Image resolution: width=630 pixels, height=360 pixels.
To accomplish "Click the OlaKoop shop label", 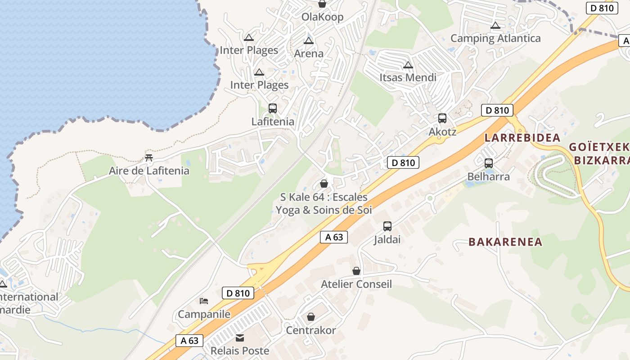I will click(x=322, y=17).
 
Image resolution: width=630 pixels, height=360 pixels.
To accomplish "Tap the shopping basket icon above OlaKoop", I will click(x=322, y=4).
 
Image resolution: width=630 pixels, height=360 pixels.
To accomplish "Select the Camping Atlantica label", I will click(x=495, y=38).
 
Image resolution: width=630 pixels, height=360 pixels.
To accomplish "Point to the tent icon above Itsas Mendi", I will click(x=408, y=65).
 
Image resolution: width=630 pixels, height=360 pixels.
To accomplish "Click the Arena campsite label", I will click(x=309, y=54).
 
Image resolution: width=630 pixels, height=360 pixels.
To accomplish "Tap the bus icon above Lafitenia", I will click(x=273, y=108).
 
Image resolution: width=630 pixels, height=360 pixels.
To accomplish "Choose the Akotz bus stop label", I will click(x=442, y=132).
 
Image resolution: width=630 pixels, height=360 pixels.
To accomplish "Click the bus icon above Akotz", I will click(x=442, y=118).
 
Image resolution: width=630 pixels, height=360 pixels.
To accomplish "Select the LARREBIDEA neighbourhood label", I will click(x=522, y=138).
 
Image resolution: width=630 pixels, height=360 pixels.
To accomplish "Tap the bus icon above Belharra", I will click(x=489, y=163).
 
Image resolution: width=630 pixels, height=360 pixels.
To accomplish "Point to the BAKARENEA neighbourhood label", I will click(x=505, y=242).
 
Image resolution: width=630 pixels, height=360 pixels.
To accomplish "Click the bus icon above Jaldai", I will click(x=387, y=226).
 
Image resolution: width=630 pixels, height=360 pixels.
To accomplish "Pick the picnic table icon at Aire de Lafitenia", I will click(x=149, y=158).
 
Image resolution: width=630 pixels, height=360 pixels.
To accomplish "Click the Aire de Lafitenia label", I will click(x=149, y=171).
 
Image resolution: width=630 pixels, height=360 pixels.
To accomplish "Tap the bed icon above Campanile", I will click(x=204, y=301).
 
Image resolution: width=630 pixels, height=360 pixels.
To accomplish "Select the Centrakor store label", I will click(x=311, y=330).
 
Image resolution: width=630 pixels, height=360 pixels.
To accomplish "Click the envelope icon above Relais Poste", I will click(x=240, y=337).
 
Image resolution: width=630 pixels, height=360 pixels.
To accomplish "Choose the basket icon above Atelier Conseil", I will click(x=356, y=271).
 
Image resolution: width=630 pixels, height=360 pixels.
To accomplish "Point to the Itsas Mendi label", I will click(x=408, y=77).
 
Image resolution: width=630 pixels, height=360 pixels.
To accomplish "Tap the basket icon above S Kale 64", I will click(x=324, y=184).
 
